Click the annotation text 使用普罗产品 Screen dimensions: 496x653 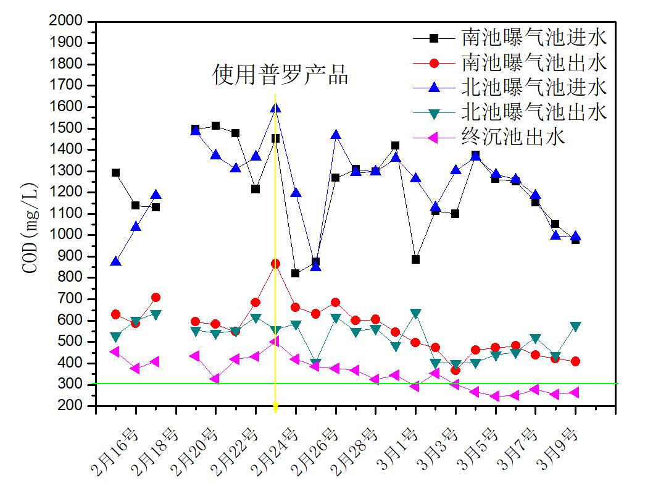click(x=281, y=75)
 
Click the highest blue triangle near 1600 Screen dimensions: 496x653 click(x=275, y=108)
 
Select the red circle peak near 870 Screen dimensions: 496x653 click(x=275, y=264)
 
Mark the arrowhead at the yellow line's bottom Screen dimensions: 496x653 click(x=275, y=407)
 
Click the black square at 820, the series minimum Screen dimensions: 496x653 click(x=296, y=273)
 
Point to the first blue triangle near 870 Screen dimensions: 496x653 click(x=115, y=262)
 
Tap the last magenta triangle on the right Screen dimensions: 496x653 click(x=575, y=392)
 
